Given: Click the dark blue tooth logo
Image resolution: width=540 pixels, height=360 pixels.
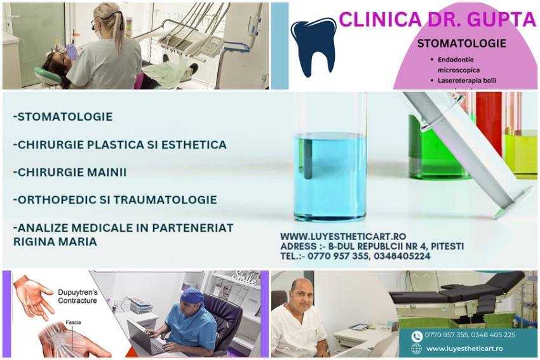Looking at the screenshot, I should click(x=313, y=46).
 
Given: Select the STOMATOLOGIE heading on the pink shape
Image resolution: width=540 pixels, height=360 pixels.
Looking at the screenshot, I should click(x=461, y=44).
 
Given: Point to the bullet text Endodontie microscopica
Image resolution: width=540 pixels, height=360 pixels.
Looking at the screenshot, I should click(x=462, y=65).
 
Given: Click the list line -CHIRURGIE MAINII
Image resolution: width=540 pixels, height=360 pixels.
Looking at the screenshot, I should click(x=70, y=172).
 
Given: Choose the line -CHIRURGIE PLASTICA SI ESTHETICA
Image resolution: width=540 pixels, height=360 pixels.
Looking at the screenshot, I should click(x=119, y=145).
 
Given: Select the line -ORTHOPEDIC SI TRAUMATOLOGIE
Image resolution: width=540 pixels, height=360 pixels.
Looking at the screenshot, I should click(x=115, y=199).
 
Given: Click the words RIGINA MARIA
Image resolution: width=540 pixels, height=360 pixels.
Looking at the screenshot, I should click(x=55, y=242).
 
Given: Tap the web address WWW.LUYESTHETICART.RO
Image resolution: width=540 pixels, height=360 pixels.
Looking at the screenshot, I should click(x=343, y=236).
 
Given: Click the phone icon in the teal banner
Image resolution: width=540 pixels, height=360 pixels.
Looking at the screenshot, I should click(x=417, y=336).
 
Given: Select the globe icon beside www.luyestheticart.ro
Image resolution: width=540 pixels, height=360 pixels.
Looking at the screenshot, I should click(x=417, y=349).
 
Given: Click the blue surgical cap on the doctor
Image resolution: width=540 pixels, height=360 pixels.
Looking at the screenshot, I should click(x=191, y=295).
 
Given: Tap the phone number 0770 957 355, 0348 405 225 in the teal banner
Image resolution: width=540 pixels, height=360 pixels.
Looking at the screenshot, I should click(x=470, y=335).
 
